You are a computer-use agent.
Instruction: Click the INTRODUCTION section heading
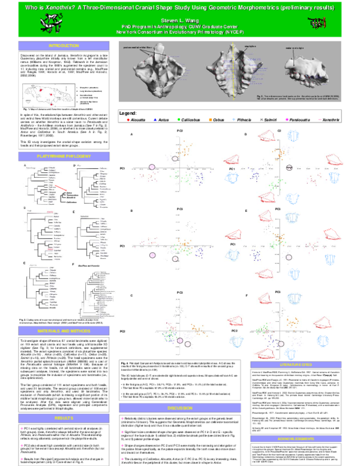pyautogui.click(x=64, y=46)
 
